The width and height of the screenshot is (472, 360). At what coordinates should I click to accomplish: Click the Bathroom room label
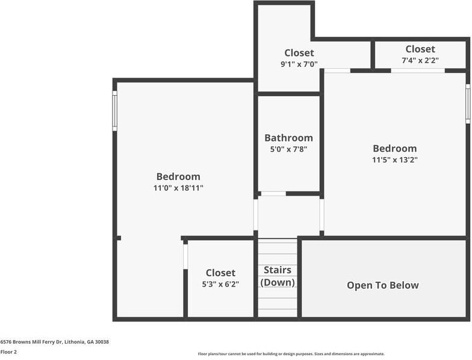point(288,138)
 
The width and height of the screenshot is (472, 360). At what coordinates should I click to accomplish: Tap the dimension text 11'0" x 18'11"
point(178,188)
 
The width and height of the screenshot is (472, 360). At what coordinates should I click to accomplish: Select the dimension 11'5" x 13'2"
point(394,160)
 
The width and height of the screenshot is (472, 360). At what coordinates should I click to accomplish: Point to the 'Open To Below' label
point(382,285)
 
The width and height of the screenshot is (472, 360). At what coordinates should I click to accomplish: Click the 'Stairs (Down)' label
point(278,276)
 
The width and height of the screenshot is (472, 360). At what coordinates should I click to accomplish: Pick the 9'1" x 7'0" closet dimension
point(299,64)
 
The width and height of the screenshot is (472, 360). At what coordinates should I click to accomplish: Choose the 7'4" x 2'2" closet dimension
point(420,60)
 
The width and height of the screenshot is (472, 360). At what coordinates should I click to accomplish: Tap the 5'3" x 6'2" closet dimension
point(220,284)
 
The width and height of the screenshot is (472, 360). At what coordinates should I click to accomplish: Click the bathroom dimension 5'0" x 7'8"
point(288,149)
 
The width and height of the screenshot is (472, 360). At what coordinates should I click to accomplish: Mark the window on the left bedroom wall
point(114,111)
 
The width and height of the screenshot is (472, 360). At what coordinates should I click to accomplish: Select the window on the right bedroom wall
point(468,104)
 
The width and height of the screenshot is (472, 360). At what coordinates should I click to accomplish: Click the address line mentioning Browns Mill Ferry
point(54,342)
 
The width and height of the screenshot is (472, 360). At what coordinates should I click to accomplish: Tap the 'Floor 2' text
point(9,352)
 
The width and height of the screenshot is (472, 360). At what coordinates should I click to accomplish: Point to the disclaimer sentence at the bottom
point(291,354)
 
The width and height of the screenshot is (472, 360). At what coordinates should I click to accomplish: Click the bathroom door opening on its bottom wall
point(273,193)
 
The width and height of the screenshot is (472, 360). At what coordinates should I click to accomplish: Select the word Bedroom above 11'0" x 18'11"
point(178,176)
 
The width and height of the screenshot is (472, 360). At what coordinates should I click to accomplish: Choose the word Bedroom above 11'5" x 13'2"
point(394,149)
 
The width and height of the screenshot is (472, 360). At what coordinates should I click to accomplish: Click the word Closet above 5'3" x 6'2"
point(220,273)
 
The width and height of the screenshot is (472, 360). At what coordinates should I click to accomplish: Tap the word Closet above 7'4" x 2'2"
point(420,49)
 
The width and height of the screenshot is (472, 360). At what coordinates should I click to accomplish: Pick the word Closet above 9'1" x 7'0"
point(299,52)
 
